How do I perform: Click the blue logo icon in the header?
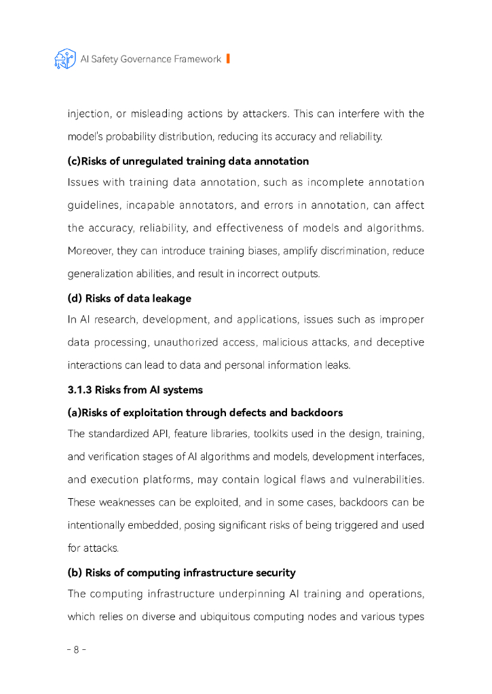[65, 59]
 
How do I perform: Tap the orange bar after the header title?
[228, 59]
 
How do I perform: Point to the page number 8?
[76, 649]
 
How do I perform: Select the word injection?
[88, 114]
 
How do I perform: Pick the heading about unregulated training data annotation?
[188, 161]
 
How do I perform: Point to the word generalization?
[102, 274]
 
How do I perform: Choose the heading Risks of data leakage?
[129, 298]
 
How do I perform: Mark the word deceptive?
[402, 342]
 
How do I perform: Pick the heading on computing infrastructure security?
[181, 573]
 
